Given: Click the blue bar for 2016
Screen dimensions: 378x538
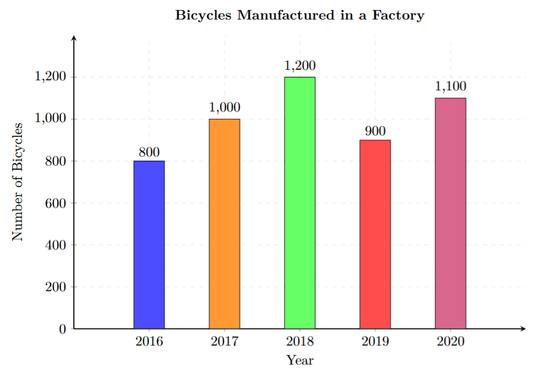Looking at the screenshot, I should tap(149, 244).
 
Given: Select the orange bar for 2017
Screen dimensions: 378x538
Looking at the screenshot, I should tap(224, 224).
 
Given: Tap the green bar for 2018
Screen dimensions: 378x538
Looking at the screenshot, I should tap(300, 202).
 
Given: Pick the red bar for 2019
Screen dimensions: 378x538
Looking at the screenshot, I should tap(375, 234).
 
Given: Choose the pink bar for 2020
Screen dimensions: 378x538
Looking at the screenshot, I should tap(451, 213).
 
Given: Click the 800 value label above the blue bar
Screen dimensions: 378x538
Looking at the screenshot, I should tap(149, 152).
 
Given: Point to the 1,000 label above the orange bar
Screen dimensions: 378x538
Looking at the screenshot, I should tap(224, 108).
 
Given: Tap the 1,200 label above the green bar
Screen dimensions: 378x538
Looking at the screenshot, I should tap(300, 66).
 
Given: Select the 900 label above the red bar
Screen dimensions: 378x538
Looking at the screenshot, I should tap(375, 131).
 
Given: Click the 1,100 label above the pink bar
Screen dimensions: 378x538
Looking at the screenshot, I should tap(451, 87).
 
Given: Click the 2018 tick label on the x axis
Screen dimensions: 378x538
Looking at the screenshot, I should tap(300, 342).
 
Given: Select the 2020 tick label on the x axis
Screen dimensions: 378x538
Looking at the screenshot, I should tap(451, 342).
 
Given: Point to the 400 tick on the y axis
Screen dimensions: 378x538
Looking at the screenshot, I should tap(56, 245).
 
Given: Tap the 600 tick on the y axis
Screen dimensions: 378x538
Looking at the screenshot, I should tap(56, 203).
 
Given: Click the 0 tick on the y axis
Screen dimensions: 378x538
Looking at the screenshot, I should tap(62, 329).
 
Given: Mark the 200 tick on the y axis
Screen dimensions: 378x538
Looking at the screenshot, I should tap(56, 287).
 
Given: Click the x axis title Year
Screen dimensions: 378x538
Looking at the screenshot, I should tap(300, 361).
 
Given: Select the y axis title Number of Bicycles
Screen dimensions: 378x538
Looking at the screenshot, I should tap(18, 182).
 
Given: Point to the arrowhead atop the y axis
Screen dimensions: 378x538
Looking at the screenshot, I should tap(74, 38).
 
